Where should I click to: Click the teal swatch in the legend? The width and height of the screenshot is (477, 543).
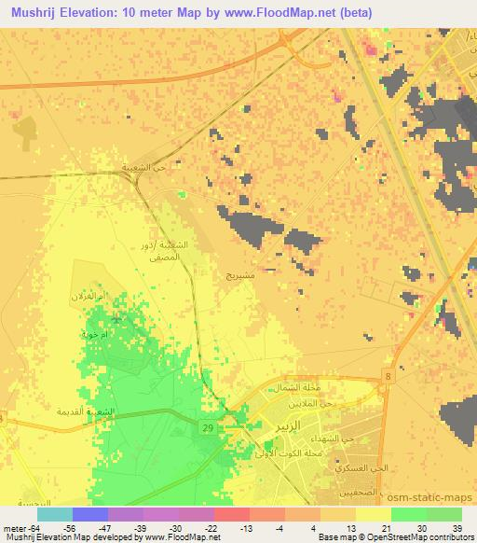[x=55, y=514]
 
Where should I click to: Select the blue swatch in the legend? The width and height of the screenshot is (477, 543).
[x=90, y=514]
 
